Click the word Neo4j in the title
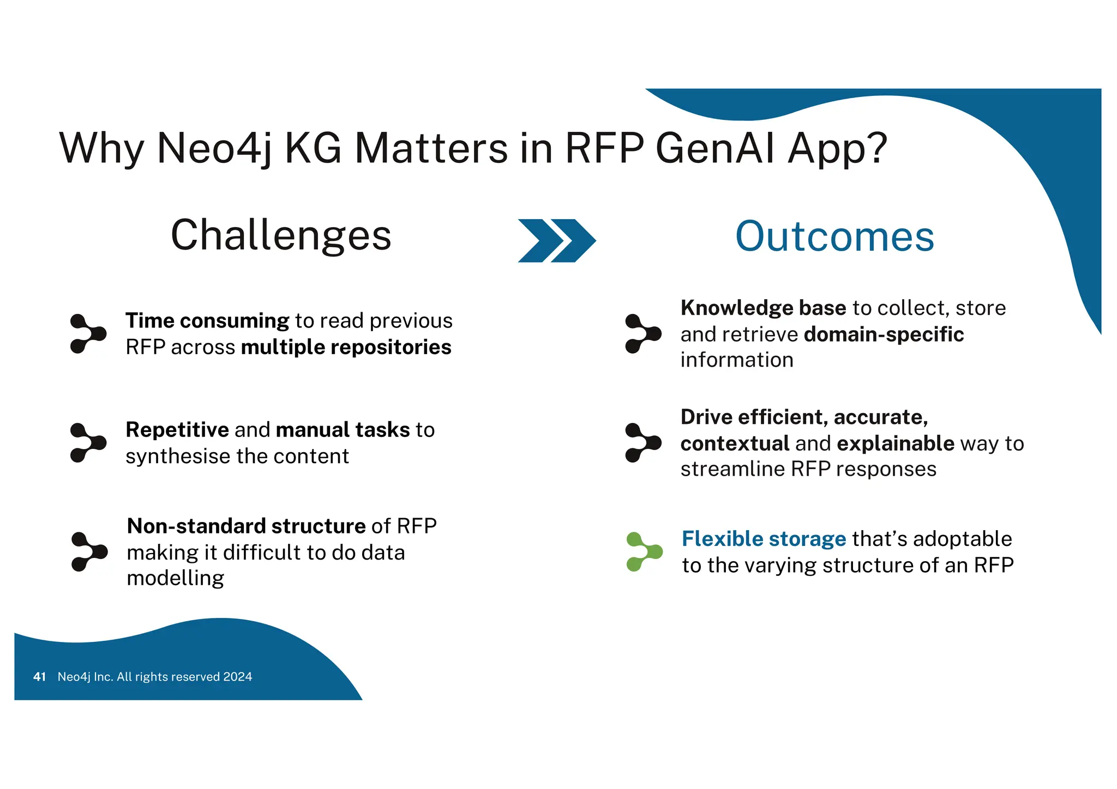tap(214, 148)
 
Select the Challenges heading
tap(281, 235)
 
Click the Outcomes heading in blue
tap(834, 236)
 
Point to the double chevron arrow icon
tap(556, 241)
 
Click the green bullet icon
tap(644, 552)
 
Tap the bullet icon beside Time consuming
tap(87, 333)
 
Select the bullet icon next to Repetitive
tap(87, 442)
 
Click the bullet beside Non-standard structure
tap(89, 552)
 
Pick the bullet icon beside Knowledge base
tap(642, 333)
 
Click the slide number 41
tap(39, 677)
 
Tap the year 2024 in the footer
tap(238, 677)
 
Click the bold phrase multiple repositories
tap(346, 347)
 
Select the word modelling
tap(175, 578)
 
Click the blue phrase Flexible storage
tap(764, 539)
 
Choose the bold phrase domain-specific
tap(884, 335)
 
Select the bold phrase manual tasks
tap(343, 430)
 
